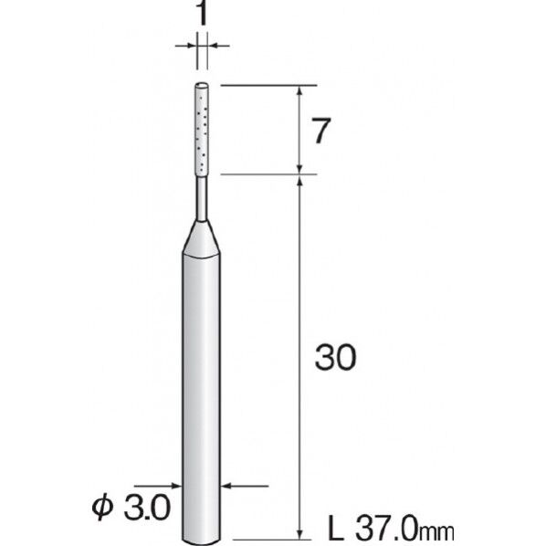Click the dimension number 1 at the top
(202, 12)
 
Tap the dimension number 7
(320, 131)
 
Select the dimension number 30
(336, 357)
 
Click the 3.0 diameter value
(147, 508)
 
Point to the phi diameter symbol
(103, 507)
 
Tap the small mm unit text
(436, 532)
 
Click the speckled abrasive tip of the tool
(202, 130)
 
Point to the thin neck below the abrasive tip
(202, 198)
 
